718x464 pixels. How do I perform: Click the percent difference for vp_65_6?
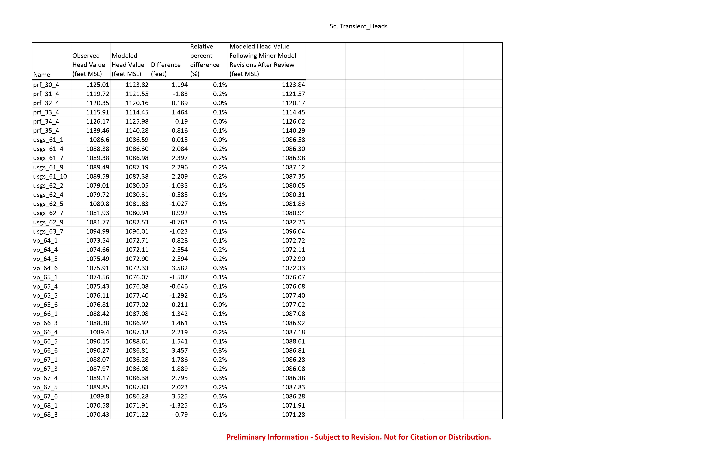[x=220, y=305]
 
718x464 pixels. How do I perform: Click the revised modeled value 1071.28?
[x=293, y=415]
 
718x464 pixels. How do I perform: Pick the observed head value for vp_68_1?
[x=97, y=406]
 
